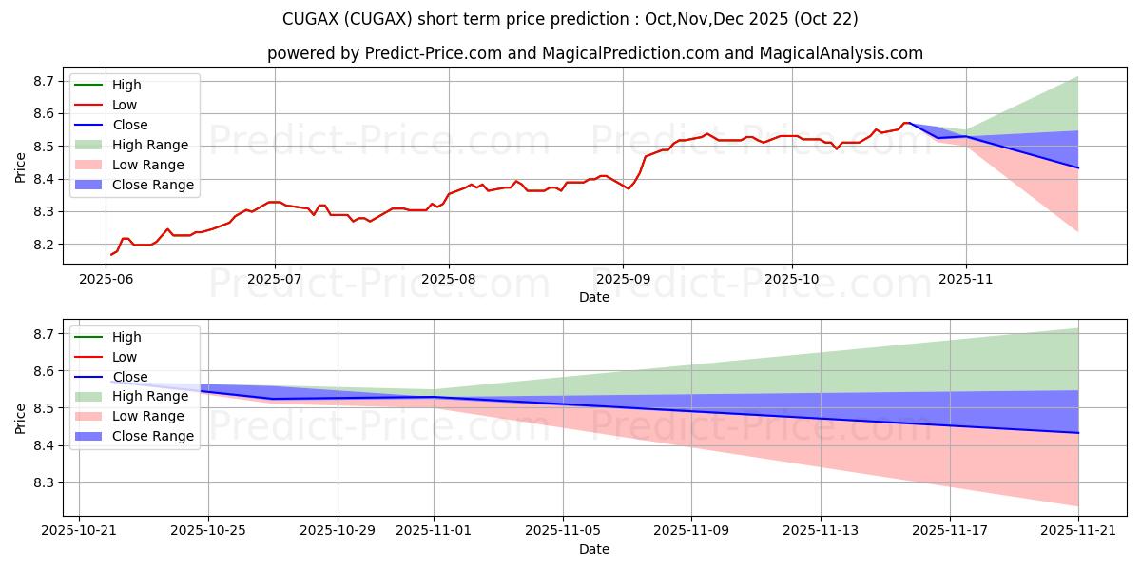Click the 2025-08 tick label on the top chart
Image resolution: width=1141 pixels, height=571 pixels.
pyautogui.click(x=448, y=278)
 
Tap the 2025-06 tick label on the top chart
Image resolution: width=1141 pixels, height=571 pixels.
pyautogui.click(x=106, y=278)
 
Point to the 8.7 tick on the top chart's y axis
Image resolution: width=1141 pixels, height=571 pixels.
pyautogui.click(x=43, y=81)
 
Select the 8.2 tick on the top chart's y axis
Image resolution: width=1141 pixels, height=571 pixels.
pyautogui.click(x=43, y=245)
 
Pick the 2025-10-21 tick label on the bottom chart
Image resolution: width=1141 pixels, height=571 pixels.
pyautogui.click(x=79, y=530)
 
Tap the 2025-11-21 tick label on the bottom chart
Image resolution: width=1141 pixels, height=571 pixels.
pyautogui.click(x=1078, y=530)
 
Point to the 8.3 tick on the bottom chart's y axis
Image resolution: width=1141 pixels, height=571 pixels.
pyautogui.click(x=43, y=483)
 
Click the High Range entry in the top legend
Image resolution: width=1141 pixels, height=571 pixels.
pyautogui.click(x=149, y=145)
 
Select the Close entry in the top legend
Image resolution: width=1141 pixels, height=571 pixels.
pyautogui.click(x=129, y=125)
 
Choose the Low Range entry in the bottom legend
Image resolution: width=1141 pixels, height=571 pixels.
pyautogui.click(x=148, y=417)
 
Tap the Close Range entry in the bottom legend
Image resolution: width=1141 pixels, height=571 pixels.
pyautogui.click(x=152, y=437)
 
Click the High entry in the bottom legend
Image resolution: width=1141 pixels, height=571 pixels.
pyautogui.click(x=126, y=337)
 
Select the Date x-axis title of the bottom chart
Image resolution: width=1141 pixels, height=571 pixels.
pyautogui.click(x=593, y=549)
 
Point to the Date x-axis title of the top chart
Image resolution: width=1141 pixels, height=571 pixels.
pyautogui.click(x=593, y=297)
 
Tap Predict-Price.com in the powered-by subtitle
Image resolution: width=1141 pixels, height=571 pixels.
pyautogui.click(x=433, y=53)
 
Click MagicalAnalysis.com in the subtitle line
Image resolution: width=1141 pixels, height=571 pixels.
pyautogui.click(x=841, y=53)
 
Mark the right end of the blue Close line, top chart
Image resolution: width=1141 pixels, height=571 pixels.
pyautogui.click(x=1078, y=167)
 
